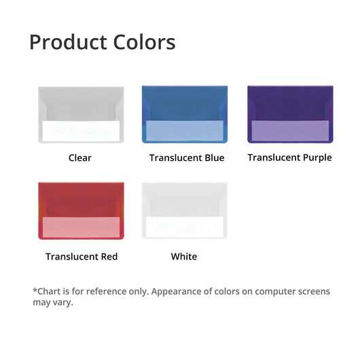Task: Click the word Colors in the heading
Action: [x=145, y=42]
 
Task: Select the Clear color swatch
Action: [x=81, y=115]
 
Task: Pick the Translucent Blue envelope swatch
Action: [x=185, y=114]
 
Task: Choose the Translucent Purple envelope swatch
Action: [x=290, y=114]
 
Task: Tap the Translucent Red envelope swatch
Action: [x=81, y=211]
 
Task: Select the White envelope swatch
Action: [x=185, y=211]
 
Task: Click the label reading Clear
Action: [x=80, y=158]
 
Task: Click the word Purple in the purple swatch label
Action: [x=317, y=158]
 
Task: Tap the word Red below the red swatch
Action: [x=109, y=257]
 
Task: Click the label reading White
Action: [x=184, y=257]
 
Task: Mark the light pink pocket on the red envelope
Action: [x=81, y=227]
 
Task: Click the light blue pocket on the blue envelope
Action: [x=185, y=130]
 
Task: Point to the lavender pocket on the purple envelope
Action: [x=290, y=130]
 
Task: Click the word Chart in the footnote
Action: [x=48, y=291]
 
